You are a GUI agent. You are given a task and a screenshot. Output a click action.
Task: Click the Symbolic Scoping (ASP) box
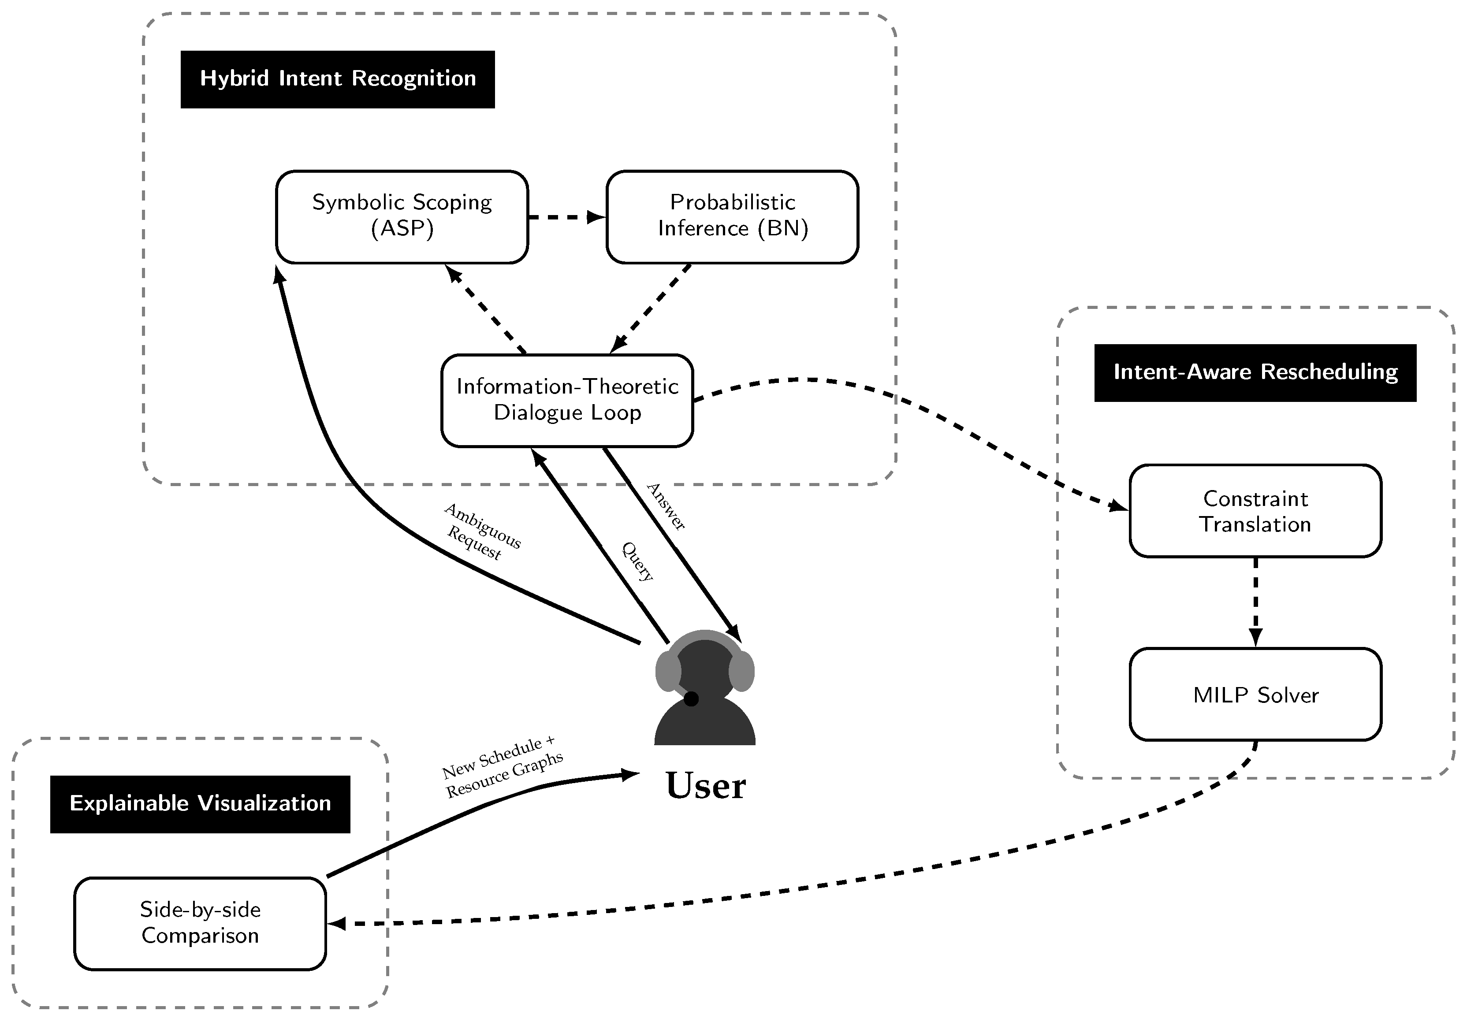(x=402, y=216)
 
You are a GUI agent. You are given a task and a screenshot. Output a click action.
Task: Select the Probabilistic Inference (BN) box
(x=732, y=216)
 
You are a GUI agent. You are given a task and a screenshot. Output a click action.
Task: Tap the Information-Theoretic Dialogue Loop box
(x=567, y=400)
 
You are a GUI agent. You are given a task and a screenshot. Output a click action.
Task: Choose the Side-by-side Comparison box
(x=200, y=923)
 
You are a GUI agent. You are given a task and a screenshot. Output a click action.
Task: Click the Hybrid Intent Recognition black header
(x=337, y=79)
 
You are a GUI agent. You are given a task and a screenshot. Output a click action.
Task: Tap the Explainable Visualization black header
(x=200, y=804)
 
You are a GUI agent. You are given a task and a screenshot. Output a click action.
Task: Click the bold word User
(x=705, y=786)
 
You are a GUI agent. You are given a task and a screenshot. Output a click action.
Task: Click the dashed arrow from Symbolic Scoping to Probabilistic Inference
(x=565, y=217)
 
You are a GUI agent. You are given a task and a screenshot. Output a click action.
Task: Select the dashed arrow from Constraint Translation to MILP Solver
(x=1255, y=600)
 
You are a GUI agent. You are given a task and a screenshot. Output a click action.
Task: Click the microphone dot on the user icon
(x=691, y=699)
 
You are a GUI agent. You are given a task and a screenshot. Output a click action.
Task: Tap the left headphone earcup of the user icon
(x=668, y=671)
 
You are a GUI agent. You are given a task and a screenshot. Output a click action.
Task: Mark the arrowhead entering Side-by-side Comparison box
(x=337, y=924)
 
